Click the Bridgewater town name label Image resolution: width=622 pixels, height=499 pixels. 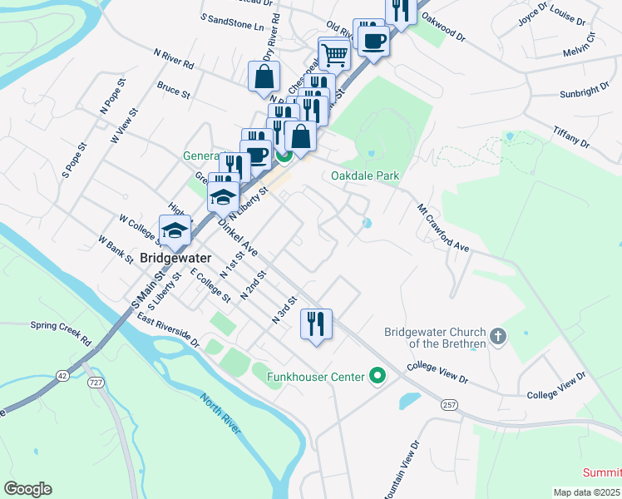click(x=175, y=258)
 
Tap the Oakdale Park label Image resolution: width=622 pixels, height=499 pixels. click(x=365, y=176)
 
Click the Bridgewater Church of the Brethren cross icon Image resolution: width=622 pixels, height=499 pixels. click(x=498, y=337)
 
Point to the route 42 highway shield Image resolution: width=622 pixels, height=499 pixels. click(x=62, y=376)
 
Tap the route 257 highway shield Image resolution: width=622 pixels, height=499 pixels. click(x=450, y=405)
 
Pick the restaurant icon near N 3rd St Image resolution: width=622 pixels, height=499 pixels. click(x=316, y=323)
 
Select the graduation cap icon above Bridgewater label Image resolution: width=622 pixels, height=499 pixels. click(x=175, y=230)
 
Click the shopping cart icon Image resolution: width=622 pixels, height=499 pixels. click(x=334, y=55)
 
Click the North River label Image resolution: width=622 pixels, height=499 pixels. click(x=221, y=413)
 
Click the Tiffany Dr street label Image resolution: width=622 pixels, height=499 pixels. click(x=571, y=138)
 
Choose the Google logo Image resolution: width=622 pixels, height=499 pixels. click(x=28, y=489)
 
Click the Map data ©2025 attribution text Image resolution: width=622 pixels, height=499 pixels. click(x=587, y=492)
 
